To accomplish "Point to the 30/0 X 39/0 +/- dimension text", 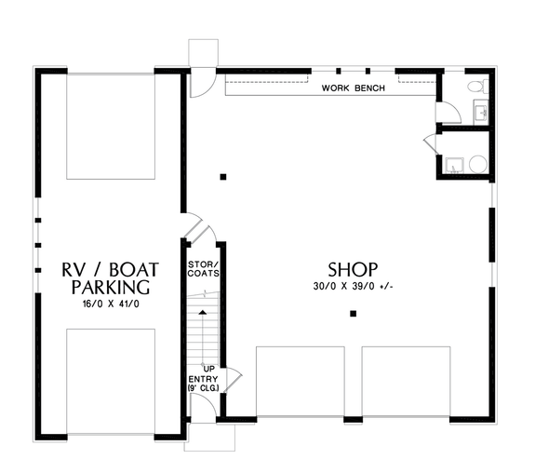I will [x=354, y=286].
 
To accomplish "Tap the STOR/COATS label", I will [x=203, y=268].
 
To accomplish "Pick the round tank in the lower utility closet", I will [x=477, y=164].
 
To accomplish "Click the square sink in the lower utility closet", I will [x=453, y=166].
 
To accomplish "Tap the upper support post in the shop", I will [x=223, y=176].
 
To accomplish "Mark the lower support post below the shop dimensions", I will [x=353, y=315].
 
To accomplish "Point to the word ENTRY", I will [x=204, y=379].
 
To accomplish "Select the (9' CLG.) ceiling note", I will [x=204, y=388].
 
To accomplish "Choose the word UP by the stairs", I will [x=209, y=370].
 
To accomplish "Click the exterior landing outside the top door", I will [x=202, y=52].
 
